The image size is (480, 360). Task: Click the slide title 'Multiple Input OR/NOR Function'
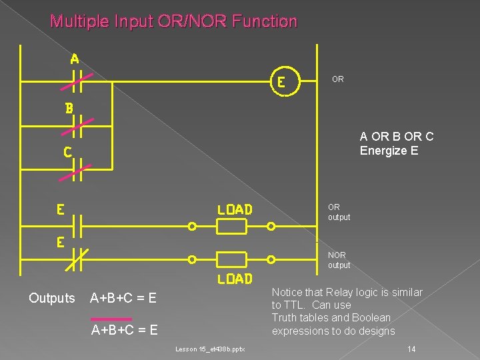[174, 21]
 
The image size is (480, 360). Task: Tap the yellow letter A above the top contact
[75, 59]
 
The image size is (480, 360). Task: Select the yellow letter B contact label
[69, 107]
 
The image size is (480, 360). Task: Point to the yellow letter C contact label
[68, 152]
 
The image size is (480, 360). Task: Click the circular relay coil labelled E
[282, 82]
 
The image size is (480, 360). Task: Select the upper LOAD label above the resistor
[235, 209]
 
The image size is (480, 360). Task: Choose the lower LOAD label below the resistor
[235, 279]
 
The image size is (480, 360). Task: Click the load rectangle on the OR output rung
[232, 227]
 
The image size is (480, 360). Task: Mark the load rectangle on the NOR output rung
[232, 259]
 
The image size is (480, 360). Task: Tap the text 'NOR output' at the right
[338, 260]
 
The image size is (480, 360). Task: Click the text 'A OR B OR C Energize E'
[396, 143]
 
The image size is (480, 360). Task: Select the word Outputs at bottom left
[52, 298]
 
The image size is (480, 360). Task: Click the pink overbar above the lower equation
[111, 318]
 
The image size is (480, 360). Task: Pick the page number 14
[411, 349]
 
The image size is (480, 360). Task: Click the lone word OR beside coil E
[337, 79]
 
